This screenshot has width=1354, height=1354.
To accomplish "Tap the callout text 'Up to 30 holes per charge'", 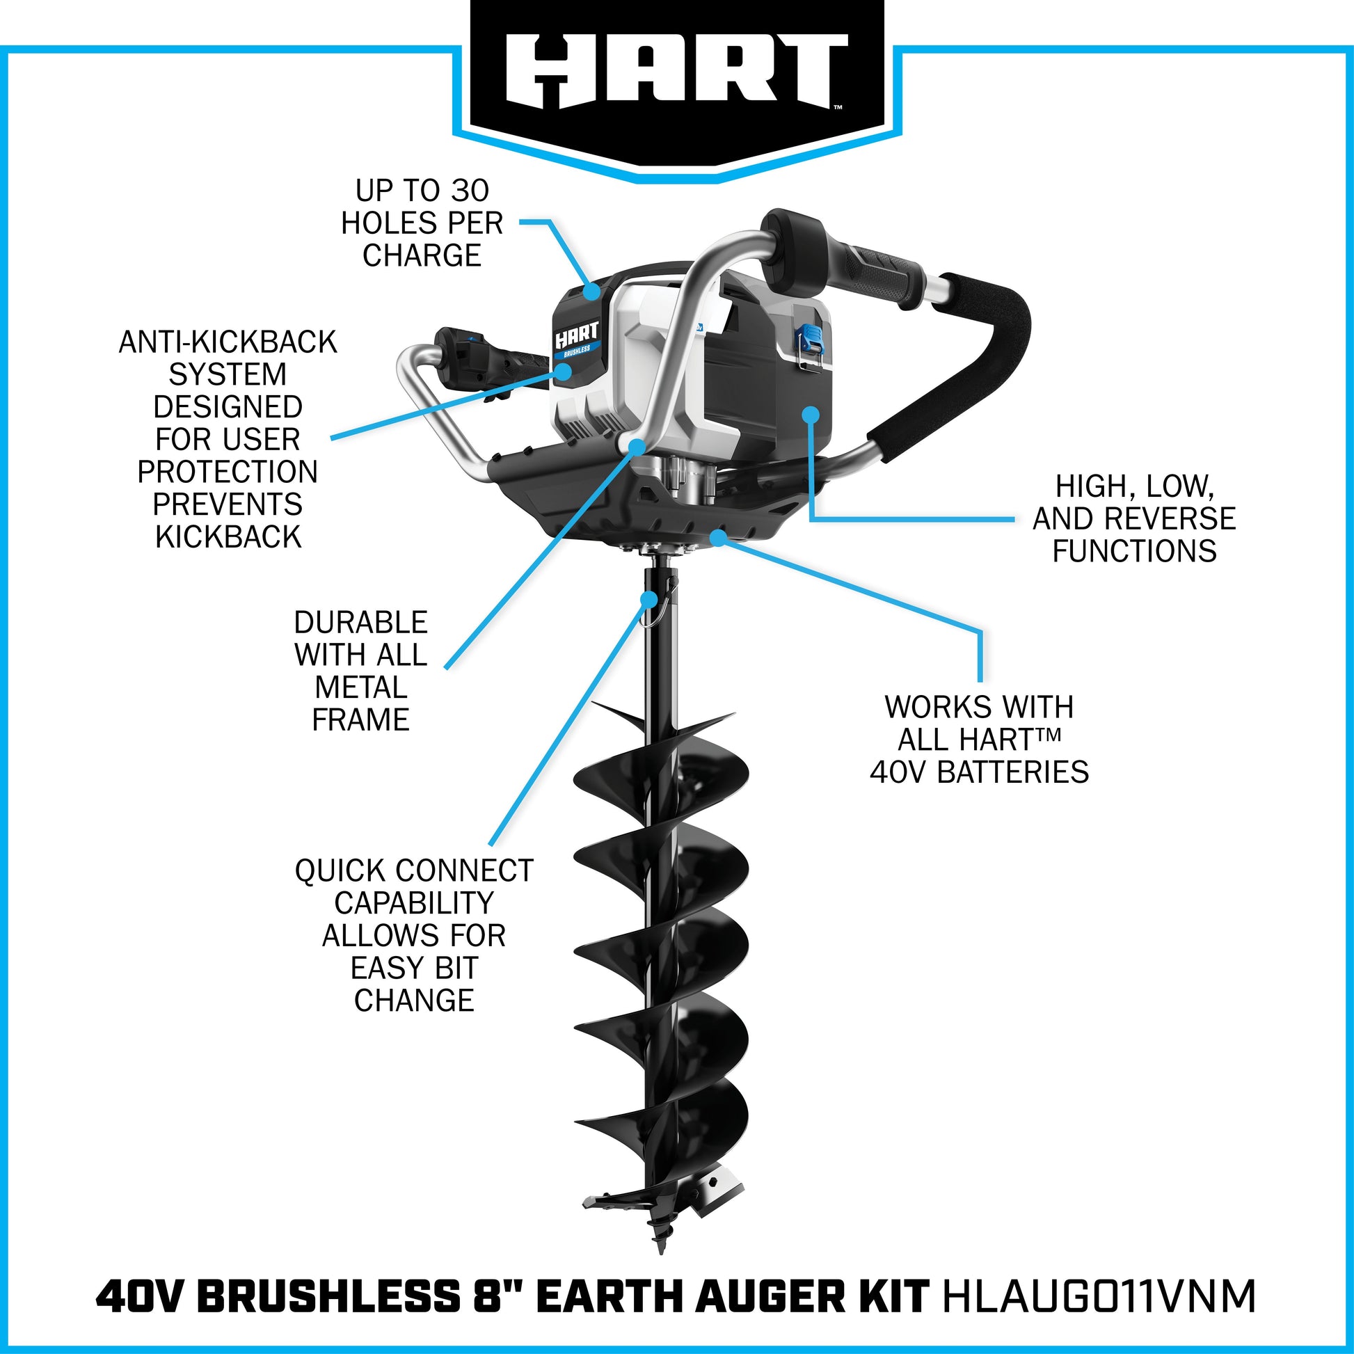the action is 422,223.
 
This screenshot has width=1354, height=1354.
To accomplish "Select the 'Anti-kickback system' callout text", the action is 228,440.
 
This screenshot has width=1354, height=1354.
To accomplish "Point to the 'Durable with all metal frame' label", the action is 361,671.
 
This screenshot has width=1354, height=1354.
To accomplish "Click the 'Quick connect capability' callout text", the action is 414,935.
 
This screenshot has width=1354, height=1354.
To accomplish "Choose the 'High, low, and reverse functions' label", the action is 1135,518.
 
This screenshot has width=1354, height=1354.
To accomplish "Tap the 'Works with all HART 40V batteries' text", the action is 979,740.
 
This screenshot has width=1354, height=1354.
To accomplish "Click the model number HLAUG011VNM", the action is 1099,1297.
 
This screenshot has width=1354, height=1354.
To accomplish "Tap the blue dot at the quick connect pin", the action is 651,598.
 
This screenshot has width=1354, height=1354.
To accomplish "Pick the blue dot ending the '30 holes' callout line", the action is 594,292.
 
